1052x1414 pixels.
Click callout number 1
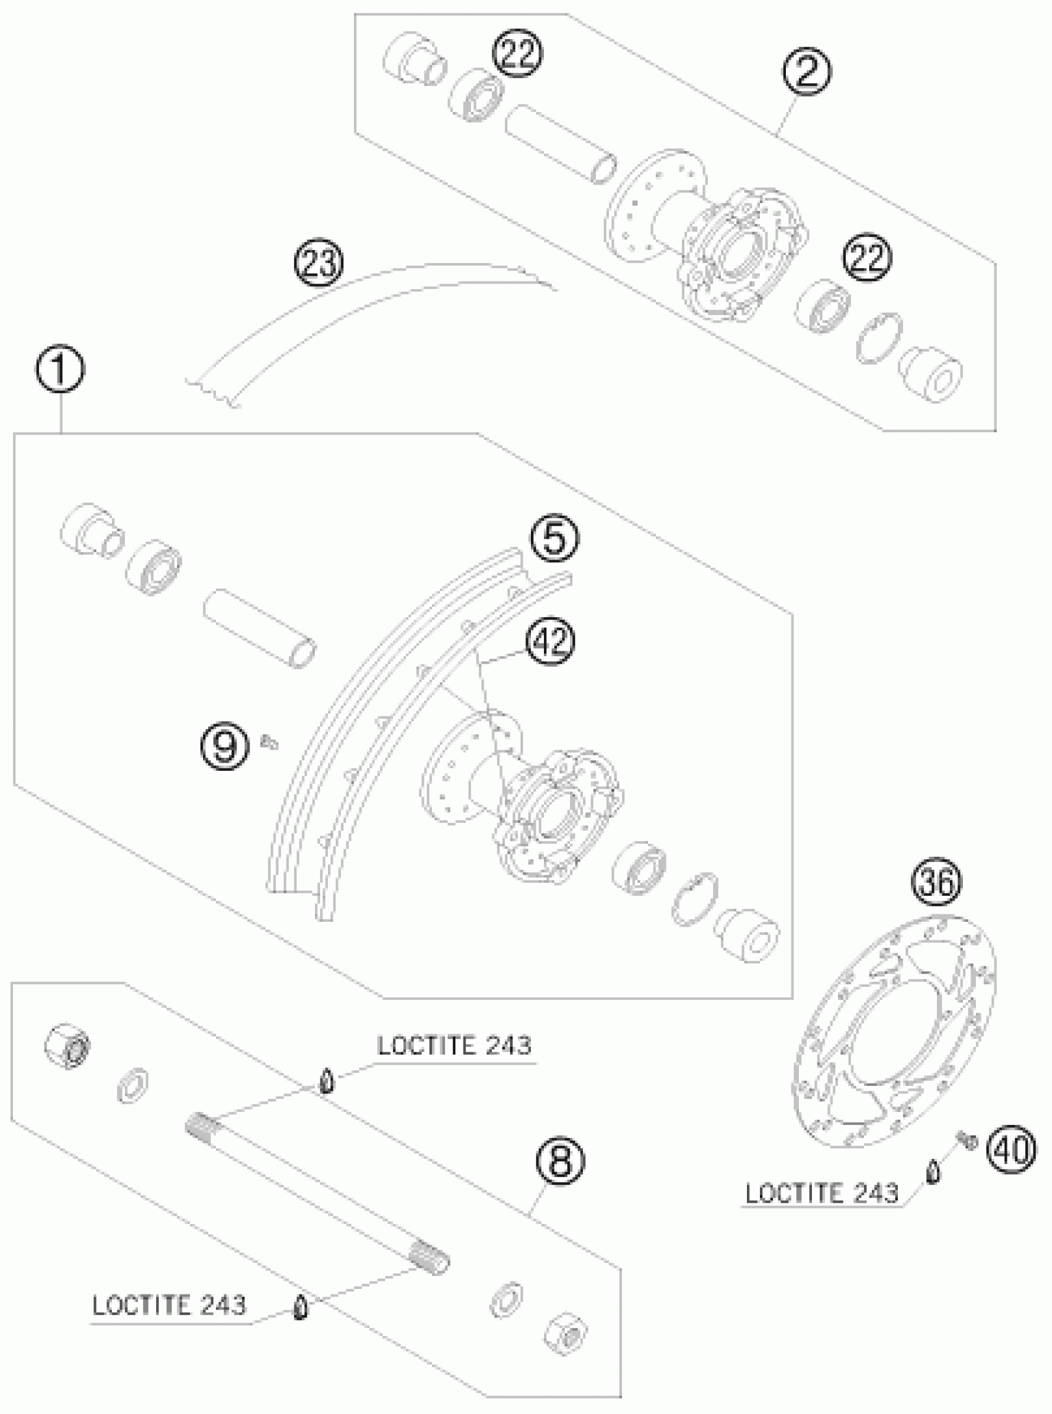pyautogui.click(x=61, y=371)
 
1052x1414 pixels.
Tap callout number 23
pyautogui.click(x=317, y=263)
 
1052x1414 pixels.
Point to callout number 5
pyautogui.click(x=555, y=539)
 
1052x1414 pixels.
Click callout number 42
pyautogui.click(x=550, y=641)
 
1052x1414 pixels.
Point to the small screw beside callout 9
pyautogui.click(x=269, y=741)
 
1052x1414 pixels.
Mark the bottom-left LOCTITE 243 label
pyautogui.click(x=169, y=1305)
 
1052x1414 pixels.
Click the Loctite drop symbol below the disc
pyautogui.click(x=933, y=1171)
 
